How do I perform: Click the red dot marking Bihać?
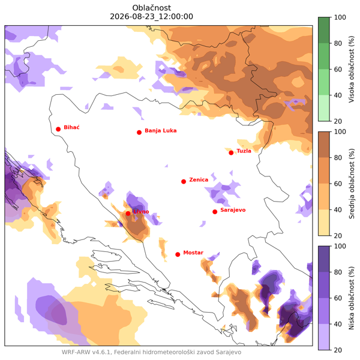coord(58,129)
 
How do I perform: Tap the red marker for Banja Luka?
coord(139,133)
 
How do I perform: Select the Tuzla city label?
coord(244,151)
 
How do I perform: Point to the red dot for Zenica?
coord(184,182)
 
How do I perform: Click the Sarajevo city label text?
coord(233,210)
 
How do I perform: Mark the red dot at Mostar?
coord(178,254)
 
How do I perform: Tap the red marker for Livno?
coord(128,214)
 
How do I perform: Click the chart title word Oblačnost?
coord(152,8)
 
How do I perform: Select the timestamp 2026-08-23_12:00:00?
coord(152,17)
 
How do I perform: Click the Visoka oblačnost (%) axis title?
coord(352,69)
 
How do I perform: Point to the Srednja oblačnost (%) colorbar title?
coord(352,184)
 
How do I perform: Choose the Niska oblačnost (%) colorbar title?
coord(352,298)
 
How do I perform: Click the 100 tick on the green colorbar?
coord(340,17)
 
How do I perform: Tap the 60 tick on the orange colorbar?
coord(338,184)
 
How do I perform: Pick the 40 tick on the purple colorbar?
coord(338,324)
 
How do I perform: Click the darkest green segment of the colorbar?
coord(324,30)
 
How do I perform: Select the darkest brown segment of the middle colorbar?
coord(324,145)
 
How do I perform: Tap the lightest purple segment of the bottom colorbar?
coord(324,337)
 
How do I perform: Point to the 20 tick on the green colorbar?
coord(338,121)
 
